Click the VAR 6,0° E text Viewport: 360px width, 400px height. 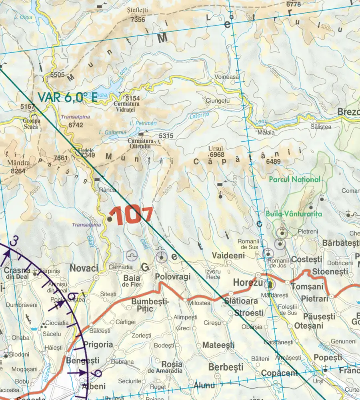point(67,98)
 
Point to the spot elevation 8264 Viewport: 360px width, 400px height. point(18,171)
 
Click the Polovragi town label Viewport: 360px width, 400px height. point(172,277)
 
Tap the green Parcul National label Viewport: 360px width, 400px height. point(294,180)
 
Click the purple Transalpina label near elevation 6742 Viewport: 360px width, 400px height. point(76,117)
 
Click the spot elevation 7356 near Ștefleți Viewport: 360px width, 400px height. point(138,19)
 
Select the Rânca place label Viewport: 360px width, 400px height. point(107,190)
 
